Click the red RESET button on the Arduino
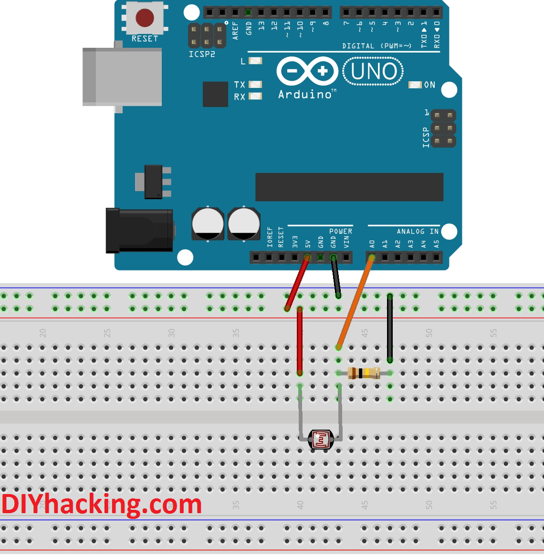click(x=145, y=18)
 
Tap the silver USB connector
click(x=122, y=76)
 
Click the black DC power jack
click(x=139, y=230)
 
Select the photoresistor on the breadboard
click(x=321, y=439)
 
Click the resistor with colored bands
click(x=364, y=373)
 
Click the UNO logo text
click(x=374, y=72)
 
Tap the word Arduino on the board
click(x=305, y=95)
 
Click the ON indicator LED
click(x=415, y=85)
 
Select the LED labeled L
click(x=256, y=61)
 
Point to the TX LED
click(x=256, y=85)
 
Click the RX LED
click(x=256, y=96)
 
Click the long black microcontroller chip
click(x=349, y=187)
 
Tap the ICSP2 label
click(x=202, y=54)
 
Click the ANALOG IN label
click(x=418, y=231)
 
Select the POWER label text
click(x=341, y=231)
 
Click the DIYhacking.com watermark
click(x=102, y=505)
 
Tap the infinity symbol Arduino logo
click(x=307, y=72)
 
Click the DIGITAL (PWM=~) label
click(x=377, y=46)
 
